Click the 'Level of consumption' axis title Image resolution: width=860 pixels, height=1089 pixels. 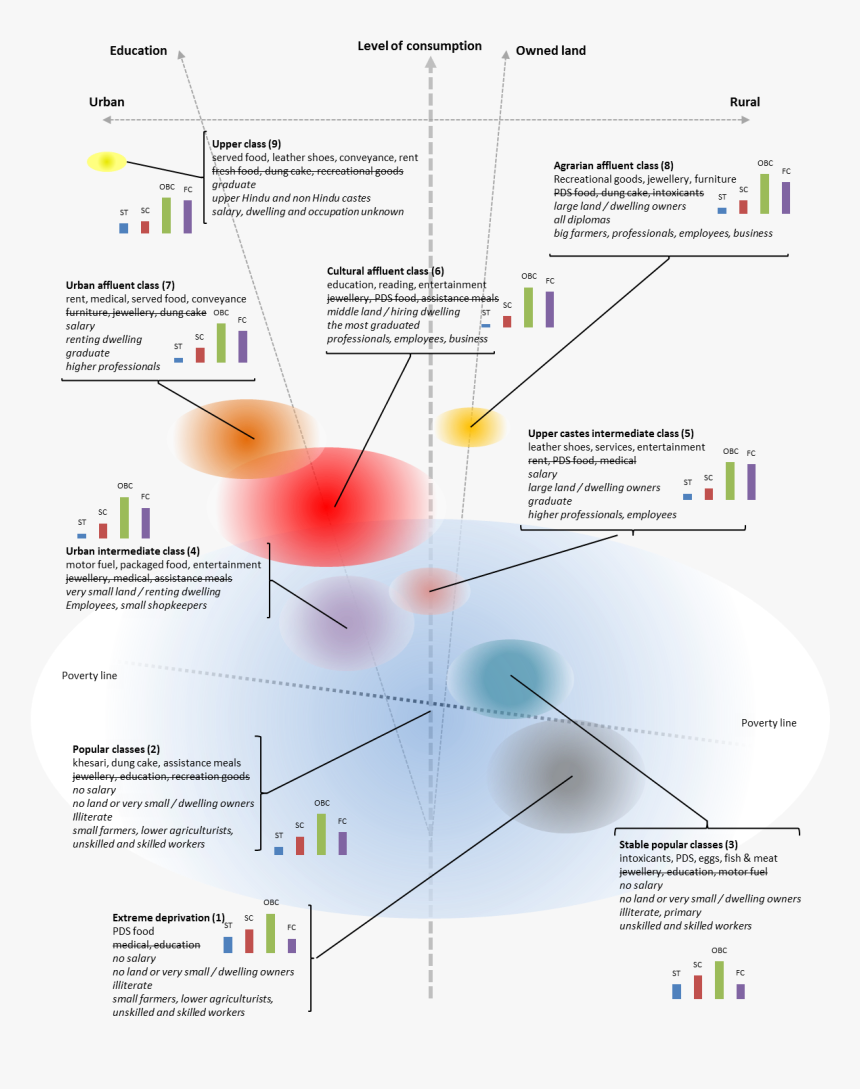click(419, 46)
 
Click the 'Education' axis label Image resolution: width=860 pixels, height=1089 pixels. click(138, 51)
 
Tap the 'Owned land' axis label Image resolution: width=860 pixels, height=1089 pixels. click(551, 51)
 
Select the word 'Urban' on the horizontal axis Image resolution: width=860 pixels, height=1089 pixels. click(107, 102)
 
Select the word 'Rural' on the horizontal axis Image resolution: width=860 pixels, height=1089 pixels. click(744, 102)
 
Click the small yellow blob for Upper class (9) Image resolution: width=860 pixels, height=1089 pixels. click(106, 161)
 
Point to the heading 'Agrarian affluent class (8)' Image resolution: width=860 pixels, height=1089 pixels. click(613, 166)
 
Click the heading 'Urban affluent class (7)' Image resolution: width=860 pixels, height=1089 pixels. click(120, 285)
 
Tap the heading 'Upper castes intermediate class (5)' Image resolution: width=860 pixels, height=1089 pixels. click(610, 434)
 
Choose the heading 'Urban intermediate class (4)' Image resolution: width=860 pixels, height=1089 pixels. click(133, 551)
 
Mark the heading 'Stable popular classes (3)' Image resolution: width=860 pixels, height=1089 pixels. click(678, 845)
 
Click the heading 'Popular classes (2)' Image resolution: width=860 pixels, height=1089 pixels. click(116, 749)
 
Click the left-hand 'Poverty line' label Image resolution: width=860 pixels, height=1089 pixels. click(89, 676)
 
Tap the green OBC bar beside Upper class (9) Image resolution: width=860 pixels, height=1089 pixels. click(166, 215)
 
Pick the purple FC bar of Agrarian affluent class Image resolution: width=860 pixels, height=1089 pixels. click(786, 197)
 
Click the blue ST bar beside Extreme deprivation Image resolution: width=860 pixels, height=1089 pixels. click(228, 944)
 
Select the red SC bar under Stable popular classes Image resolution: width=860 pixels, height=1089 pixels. click(698, 987)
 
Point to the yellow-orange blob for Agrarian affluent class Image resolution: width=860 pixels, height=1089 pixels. click(469, 426)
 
